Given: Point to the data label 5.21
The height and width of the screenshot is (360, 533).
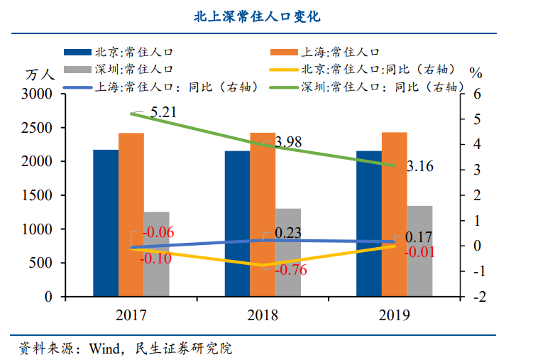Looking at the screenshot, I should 163,112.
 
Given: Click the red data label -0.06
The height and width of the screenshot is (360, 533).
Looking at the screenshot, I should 158,233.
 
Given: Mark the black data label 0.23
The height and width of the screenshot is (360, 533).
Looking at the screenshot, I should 287,233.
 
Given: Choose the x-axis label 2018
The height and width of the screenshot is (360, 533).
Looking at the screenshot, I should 263,315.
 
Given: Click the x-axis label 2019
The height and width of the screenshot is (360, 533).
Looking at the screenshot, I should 395,315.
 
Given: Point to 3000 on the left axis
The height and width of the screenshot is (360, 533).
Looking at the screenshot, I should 37,94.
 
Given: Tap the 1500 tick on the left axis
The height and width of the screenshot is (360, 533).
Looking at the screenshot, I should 37,196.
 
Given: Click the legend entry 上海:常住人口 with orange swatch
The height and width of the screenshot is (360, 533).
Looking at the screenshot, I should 341,52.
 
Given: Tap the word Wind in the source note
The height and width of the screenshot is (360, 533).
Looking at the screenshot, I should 104,349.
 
